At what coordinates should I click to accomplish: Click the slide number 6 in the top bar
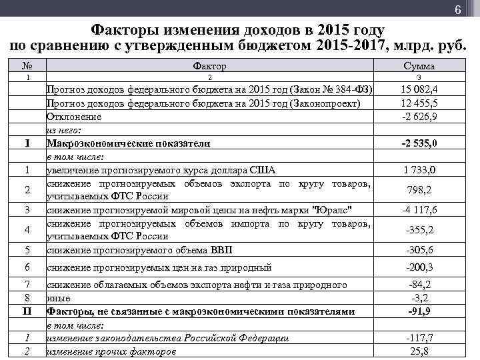point(458,10)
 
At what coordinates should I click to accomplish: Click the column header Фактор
point(209,66)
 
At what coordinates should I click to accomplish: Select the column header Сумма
point(419,66)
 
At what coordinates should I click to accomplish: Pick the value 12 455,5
point(419,104)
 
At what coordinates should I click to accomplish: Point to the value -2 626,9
point(419,117)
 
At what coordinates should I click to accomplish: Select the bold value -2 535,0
point(419,143)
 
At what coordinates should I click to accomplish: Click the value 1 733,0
point(419,169)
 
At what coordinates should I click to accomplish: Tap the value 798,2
point(419,190)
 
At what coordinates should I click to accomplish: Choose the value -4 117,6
point(419,210)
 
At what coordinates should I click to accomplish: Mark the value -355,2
point(419,230)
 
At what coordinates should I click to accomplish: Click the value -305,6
point(419,250)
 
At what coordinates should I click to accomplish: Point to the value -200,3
point(419,267)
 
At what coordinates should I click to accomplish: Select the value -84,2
point(419,285)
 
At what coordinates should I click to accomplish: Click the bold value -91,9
point(419,311)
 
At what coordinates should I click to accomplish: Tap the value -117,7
point(419,338)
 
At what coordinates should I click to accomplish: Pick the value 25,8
point(419,351)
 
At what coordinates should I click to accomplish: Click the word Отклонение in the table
point(74,117)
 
